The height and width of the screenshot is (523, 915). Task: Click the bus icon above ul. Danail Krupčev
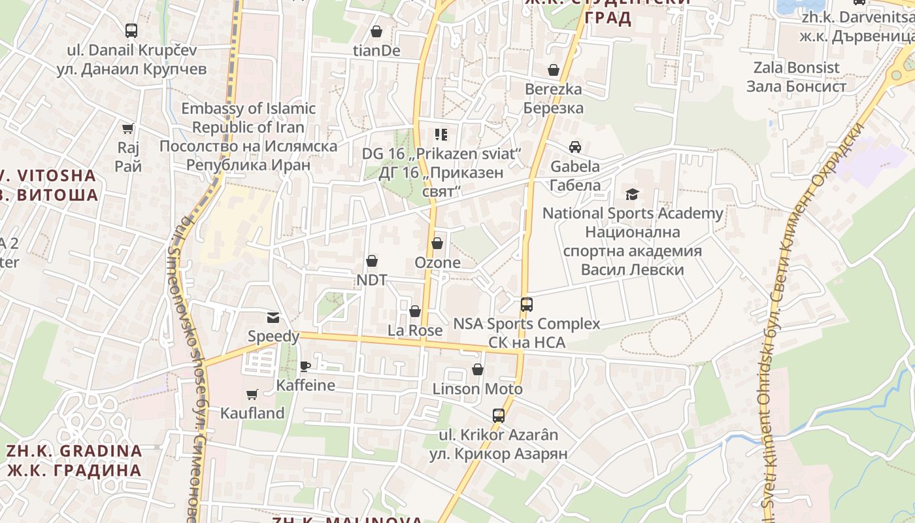point(131,30)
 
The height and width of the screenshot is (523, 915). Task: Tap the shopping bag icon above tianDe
point(376,31)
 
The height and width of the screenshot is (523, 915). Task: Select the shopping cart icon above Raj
point(128,129)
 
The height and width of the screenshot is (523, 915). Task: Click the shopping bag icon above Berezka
point(554,70)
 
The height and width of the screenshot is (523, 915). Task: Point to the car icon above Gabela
point(575,147)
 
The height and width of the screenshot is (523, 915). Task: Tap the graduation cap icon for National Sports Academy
point(632,194)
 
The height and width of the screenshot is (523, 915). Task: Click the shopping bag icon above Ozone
point(437,244)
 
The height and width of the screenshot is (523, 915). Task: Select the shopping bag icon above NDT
point(372,261)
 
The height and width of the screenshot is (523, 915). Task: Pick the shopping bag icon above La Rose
point(415,311)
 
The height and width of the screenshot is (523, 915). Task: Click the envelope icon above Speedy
point(273,318)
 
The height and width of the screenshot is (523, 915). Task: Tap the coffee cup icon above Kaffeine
point(305,366)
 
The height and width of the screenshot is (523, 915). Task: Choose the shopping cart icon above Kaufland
point(252,394)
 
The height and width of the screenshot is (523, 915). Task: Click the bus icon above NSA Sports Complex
point(527,305)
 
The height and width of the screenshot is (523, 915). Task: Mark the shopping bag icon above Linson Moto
point(478,370)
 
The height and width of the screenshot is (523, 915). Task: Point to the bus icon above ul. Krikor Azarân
point(499,416)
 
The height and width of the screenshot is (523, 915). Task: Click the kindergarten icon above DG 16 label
point(441,135)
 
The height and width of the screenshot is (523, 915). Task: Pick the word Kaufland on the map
point(252,413)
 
